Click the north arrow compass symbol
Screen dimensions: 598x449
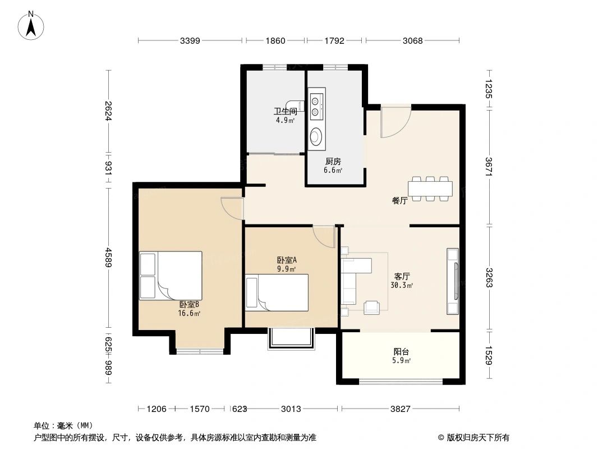pos(31,26)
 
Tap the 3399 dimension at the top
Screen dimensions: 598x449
pos(190,40)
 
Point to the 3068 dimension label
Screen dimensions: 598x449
pos(413,40)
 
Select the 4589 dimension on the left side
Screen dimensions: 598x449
pos(109,258)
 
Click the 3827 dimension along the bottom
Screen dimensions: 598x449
pos(400,409)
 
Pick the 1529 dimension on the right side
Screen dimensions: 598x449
pos(489,355)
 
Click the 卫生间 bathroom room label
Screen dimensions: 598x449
pos(286,111)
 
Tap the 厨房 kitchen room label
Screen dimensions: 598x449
pos(333,162)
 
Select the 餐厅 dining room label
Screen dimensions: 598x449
pos(399,200)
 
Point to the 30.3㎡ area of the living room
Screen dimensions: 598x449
pos(402,285)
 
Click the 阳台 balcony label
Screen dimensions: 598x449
pos(401,351)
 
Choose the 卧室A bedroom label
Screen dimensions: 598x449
pos(287,260)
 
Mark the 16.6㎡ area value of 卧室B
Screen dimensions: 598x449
pos(189,313)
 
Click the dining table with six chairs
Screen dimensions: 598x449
pos(430,189)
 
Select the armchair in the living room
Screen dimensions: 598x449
pos(371,308)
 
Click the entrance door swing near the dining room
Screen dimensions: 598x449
pos(395,121)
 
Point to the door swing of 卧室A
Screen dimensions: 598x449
pos(324,237)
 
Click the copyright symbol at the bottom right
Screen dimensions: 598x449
pos(441,438)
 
